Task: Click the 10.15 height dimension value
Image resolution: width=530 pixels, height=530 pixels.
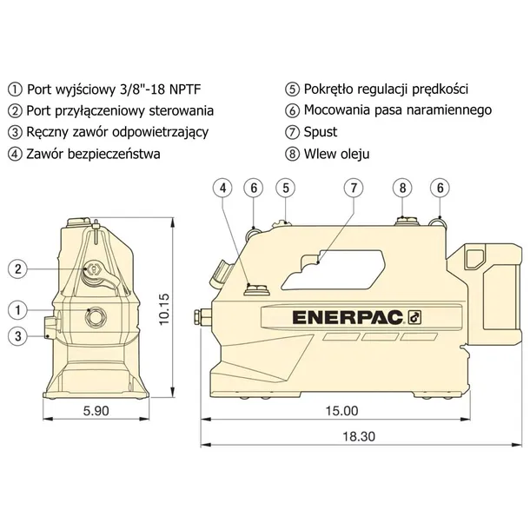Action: pos(164,309)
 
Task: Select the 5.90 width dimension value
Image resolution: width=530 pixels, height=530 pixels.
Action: pos(96,411)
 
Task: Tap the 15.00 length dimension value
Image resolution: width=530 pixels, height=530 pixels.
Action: pos(341,411)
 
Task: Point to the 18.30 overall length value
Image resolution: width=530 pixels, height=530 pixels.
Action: pos(359,436)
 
